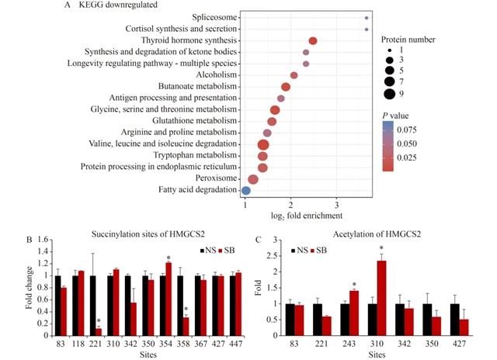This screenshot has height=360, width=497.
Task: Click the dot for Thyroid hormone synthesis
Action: coord(313,40)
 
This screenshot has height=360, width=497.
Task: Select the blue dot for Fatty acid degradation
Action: coord(246,190)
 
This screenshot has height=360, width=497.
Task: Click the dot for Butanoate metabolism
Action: coord(286,87)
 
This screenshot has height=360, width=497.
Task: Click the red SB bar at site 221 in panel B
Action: coord(99,331)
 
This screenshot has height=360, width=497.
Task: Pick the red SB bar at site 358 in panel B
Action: coord(186,324)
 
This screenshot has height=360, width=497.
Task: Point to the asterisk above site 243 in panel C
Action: coord(355,285)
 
